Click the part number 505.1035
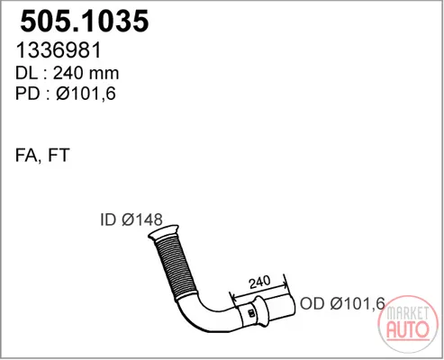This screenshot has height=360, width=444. coord(85,21)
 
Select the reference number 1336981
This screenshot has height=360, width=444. coord(59,50)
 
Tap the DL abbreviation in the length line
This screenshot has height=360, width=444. coord(26,73)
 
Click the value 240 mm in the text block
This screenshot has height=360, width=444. coord(86,73)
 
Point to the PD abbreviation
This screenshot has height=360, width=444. coord(28,94)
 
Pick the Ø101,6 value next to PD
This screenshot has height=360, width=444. coord(86,94)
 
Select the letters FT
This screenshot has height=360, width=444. coord(59,155)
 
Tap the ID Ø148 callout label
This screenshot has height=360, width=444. coord(131,220)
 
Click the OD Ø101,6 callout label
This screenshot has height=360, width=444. coord(342,303)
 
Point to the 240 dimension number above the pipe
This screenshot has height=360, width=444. coord(259,282)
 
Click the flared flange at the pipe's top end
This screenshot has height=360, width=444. coord(163,232)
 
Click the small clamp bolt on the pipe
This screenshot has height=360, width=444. coord(251,313)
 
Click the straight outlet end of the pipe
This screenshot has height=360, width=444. coord(281,307)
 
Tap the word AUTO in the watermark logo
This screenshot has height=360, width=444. coord(408,329)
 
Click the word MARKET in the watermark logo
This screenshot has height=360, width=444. coord(408,313)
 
